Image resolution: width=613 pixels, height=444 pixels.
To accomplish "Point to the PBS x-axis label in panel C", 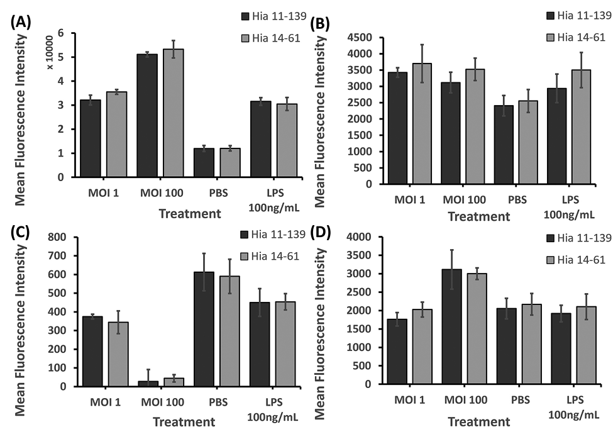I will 210,400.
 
